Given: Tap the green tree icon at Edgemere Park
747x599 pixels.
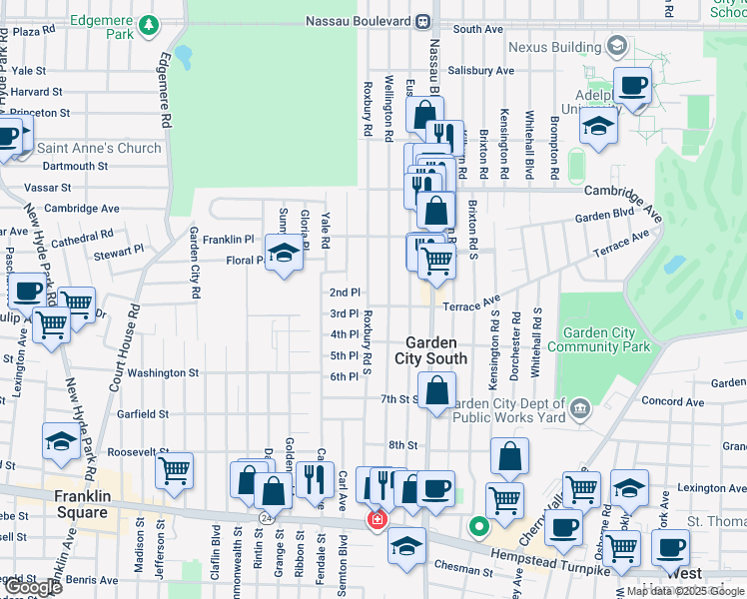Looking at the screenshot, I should point(149,24).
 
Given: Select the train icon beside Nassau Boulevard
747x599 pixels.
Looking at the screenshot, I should point(423,20).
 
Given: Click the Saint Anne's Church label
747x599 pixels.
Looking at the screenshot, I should point(99,148).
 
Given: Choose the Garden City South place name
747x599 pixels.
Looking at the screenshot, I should point(430,350).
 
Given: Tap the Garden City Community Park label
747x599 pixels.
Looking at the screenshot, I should point(605,340).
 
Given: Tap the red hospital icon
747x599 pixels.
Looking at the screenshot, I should point(376,519).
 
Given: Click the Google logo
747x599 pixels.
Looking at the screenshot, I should point(33,587).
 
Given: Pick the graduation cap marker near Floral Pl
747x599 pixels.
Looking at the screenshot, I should point(285,256).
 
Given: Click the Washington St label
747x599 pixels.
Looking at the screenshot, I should point(163,373).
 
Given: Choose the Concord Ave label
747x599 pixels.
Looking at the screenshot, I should point(666,401).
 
